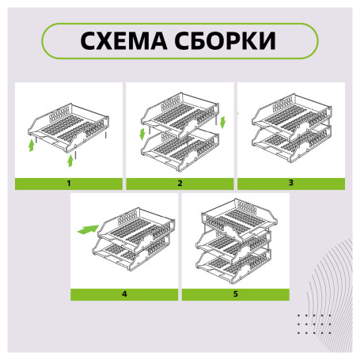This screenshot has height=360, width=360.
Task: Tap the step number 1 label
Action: pyautogui.click(x=69, y=184)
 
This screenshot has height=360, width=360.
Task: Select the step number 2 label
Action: pyautogui.click(x=180, y=184)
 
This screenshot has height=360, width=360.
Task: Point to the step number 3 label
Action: pyautogui.click(x=290, y=184)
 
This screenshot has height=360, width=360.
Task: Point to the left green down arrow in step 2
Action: pyautogui.click(x=142, y=135)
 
